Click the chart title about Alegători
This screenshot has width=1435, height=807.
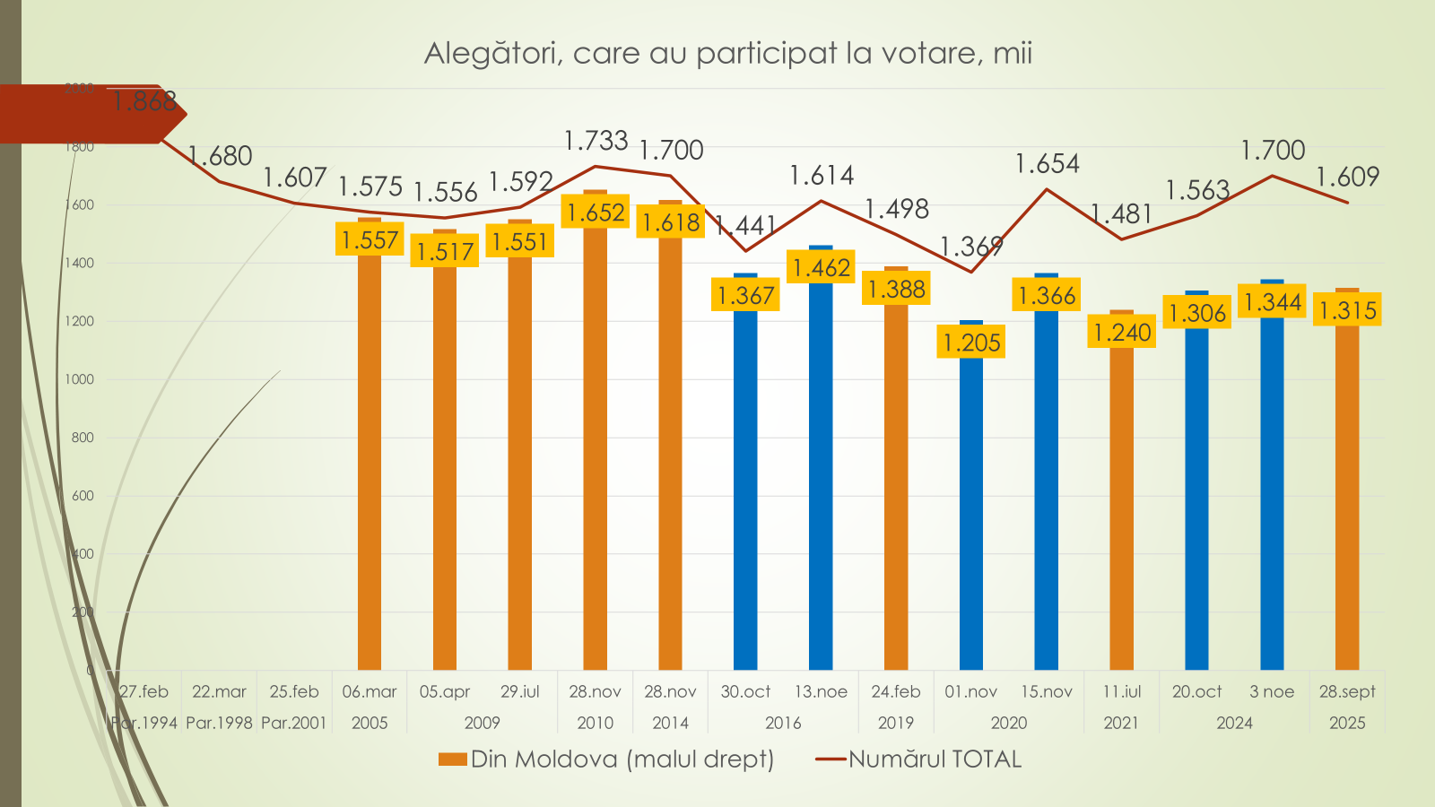click(727, 54)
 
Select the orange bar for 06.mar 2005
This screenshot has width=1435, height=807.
click(370, 466)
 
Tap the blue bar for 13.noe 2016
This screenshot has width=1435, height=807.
click(821, 484)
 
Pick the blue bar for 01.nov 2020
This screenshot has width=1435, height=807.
click(971, 520)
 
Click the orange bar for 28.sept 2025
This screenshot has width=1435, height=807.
click(1347, 502)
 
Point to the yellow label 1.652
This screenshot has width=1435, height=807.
click(596, 213)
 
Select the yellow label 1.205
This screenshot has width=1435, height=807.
click(971, 342)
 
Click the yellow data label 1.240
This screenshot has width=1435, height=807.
click(1122, 333)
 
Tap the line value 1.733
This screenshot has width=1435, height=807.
click(596, 141)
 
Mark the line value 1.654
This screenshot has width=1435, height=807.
click(1047, 164)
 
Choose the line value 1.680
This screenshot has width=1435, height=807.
click(221, 156)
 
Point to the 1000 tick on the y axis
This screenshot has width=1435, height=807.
click(80, 379)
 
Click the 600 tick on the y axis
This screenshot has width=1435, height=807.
click(83, 496)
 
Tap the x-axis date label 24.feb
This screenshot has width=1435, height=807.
click(896, 691)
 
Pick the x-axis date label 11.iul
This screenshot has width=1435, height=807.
click(1122, 691)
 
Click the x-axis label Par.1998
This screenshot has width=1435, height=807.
click(219, 723)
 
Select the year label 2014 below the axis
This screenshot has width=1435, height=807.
click(670, 723)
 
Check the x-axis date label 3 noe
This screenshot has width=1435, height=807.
click(1272, 691)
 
